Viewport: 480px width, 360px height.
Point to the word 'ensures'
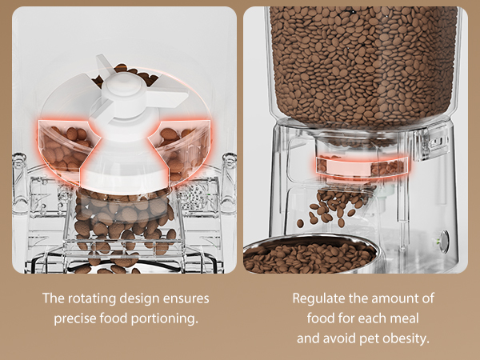click(x=186, y=298)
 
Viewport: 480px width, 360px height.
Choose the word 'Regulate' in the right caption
click(x=318, y=298)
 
